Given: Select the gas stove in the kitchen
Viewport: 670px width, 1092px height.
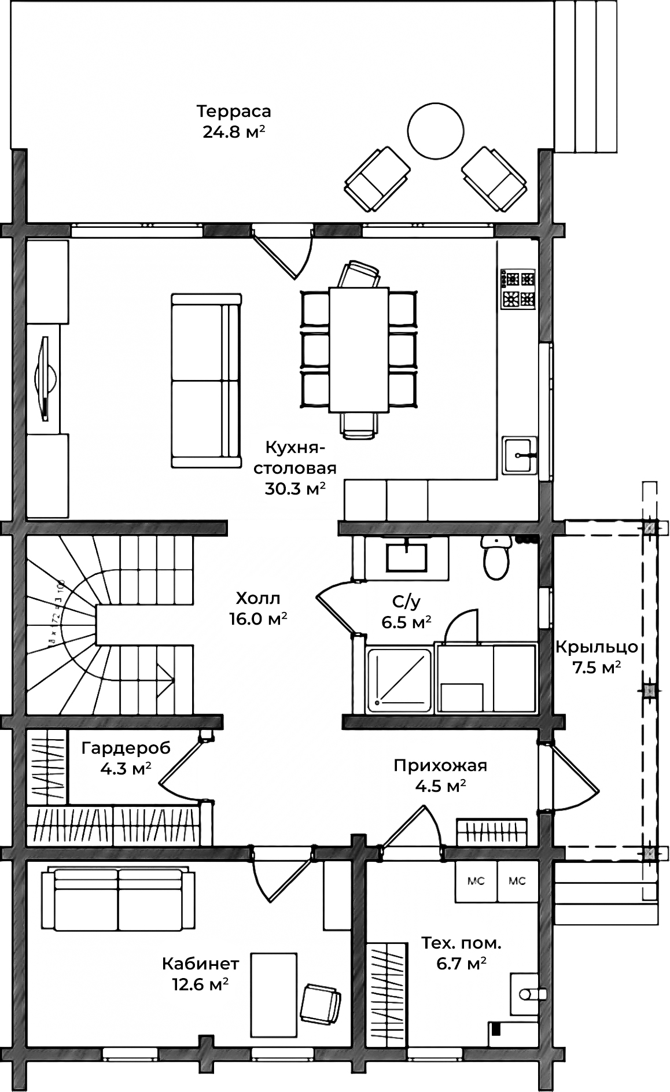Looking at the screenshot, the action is click(x=518, y=289).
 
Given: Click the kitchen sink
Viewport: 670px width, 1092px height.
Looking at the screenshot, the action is click(x=519, y=456).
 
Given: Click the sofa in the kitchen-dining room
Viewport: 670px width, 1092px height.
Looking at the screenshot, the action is click(x=205, y=380).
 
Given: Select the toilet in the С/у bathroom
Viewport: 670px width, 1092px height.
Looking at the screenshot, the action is click(x=496, y=558).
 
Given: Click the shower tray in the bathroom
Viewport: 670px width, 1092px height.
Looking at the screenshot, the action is click(x=399, y=680).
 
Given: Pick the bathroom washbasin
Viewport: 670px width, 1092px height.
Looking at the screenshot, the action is click(x=406, y=556).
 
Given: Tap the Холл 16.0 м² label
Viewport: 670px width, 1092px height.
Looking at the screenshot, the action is click(x=258, y=608).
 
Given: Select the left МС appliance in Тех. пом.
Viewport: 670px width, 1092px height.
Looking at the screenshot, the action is click(x=476, y=881).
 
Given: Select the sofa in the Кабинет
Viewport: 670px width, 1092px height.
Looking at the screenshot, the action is click(x=118, y=899).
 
